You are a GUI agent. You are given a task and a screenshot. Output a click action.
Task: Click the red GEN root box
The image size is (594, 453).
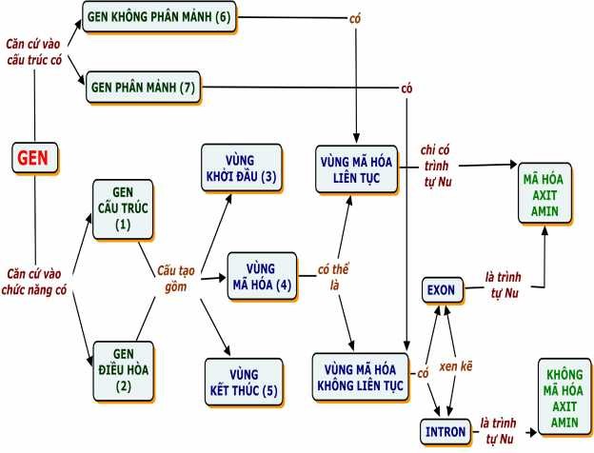35,158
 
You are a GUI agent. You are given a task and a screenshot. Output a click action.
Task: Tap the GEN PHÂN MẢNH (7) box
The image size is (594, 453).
143,87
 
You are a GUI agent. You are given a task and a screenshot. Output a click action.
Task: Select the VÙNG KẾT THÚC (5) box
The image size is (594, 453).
243,380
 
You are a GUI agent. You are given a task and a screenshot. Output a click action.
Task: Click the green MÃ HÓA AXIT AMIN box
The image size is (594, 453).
546,192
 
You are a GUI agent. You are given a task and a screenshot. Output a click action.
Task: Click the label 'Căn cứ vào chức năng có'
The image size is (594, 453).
35,282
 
